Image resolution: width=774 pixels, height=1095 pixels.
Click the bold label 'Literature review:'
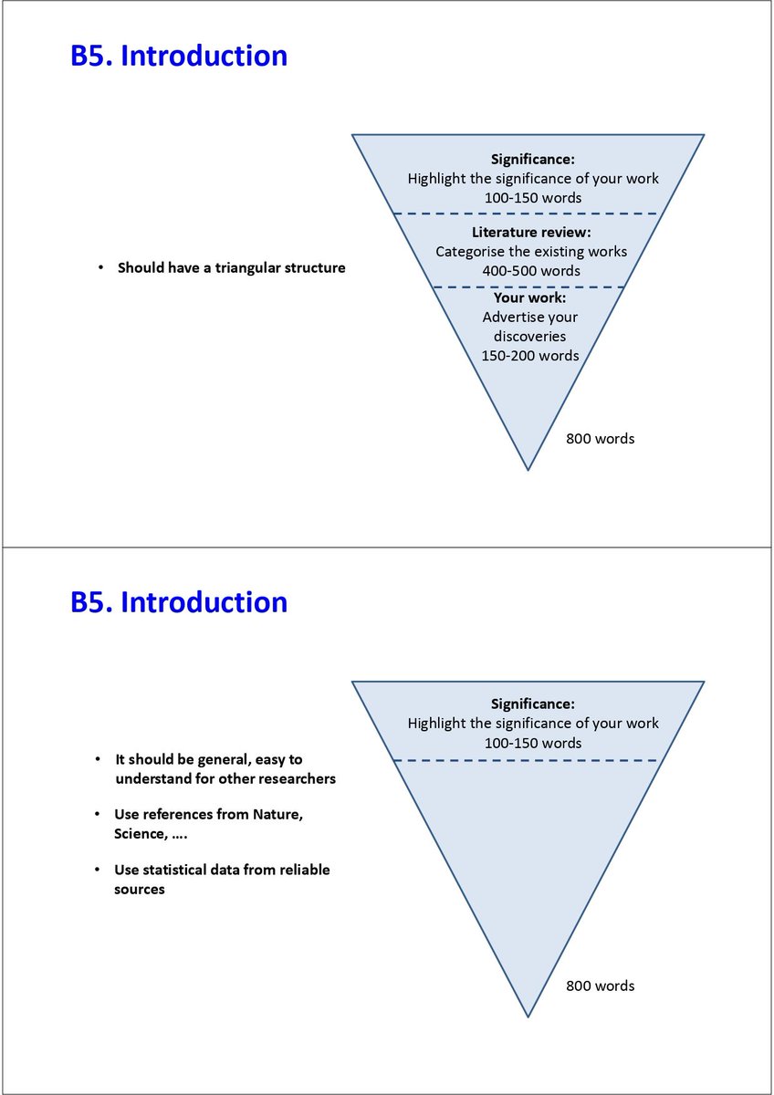[x=531, y=233]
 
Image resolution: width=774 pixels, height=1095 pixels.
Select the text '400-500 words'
[x=531, y=271]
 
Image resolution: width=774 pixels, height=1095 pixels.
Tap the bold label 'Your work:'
[x=530, y=298]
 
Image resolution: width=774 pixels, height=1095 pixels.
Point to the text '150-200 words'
[x=530, y=356]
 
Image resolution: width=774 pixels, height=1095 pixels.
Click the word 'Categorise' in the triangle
[x=471, y=252]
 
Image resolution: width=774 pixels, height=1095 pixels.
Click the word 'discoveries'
[x=530, y=337]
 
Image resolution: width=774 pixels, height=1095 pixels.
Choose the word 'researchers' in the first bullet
[x=298, y=778]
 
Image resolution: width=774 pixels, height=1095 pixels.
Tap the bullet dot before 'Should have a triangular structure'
[x=100, y=268]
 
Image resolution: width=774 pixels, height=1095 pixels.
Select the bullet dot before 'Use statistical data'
[x=98, y=870]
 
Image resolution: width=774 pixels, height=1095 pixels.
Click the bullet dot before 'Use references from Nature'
[x=98, y=814]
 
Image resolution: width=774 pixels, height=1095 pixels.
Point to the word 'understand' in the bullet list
[x=152, y=778]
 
